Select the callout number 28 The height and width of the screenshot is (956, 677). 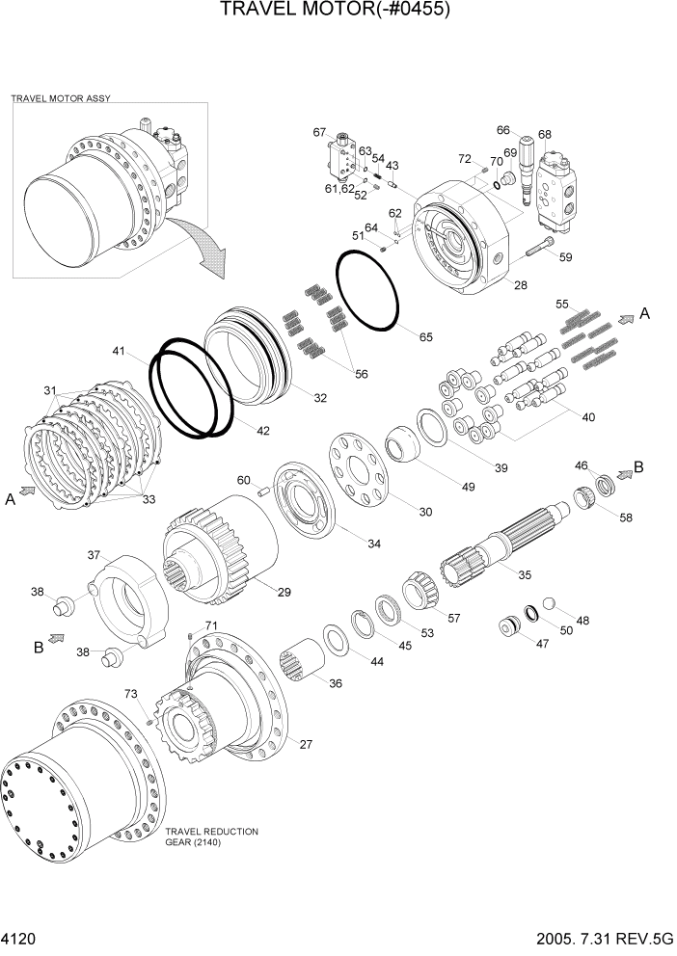point(520,285)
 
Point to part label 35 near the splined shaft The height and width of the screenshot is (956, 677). point(525,575)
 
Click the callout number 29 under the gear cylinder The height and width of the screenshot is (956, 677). point(284,591)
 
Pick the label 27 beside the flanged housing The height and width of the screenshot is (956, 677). point(306,744)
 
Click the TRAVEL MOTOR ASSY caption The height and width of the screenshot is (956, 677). point(54,98)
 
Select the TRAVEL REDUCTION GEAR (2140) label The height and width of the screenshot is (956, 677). point(212,836)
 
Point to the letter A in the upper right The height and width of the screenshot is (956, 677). point(645,314)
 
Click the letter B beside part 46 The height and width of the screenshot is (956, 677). point(638,467)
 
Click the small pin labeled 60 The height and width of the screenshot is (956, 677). point(261,491)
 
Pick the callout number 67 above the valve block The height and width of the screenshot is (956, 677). point(320,132)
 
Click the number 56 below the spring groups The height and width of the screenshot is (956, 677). point(363,375)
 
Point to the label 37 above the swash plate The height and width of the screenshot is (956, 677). point(95,555)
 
